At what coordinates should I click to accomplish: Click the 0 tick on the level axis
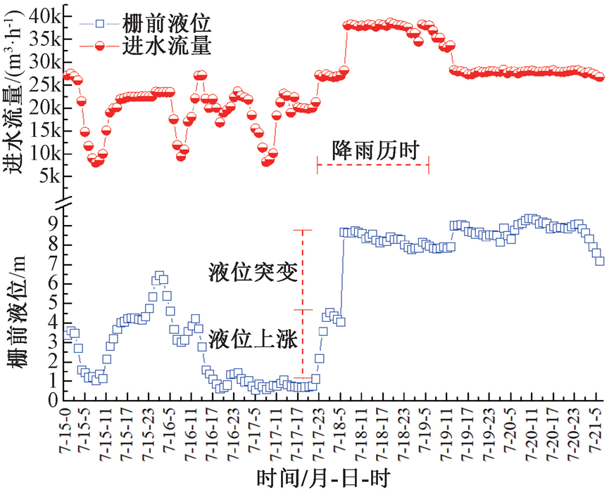click(x=54, y=400)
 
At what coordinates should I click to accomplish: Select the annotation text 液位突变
click(x=249, y=271)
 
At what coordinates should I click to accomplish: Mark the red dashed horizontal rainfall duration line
click(x=373, y=166)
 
